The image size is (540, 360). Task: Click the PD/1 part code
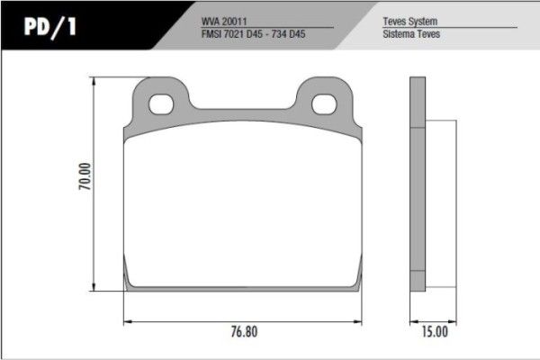(50, 27)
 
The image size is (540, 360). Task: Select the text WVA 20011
(224, 22)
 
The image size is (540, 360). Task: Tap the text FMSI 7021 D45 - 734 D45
(253, 34)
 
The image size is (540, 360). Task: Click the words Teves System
(410, 22)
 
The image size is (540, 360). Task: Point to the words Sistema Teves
(411, 34)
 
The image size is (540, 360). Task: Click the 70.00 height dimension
(85, 176)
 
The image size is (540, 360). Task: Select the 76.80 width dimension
(244, 332)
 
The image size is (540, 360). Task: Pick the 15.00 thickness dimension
(435, 332)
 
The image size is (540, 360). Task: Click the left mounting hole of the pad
(161, 104)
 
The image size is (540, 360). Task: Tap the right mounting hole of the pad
(324, 104)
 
